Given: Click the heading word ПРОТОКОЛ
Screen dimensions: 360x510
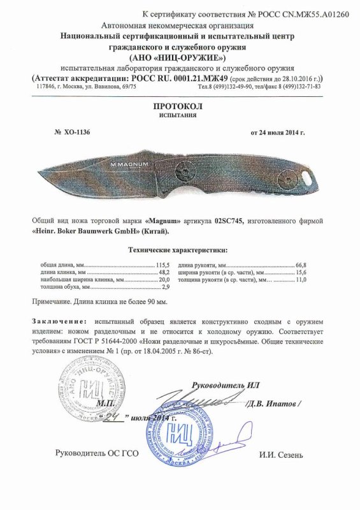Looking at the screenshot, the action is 180,108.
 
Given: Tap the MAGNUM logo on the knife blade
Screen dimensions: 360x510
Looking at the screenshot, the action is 129,164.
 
